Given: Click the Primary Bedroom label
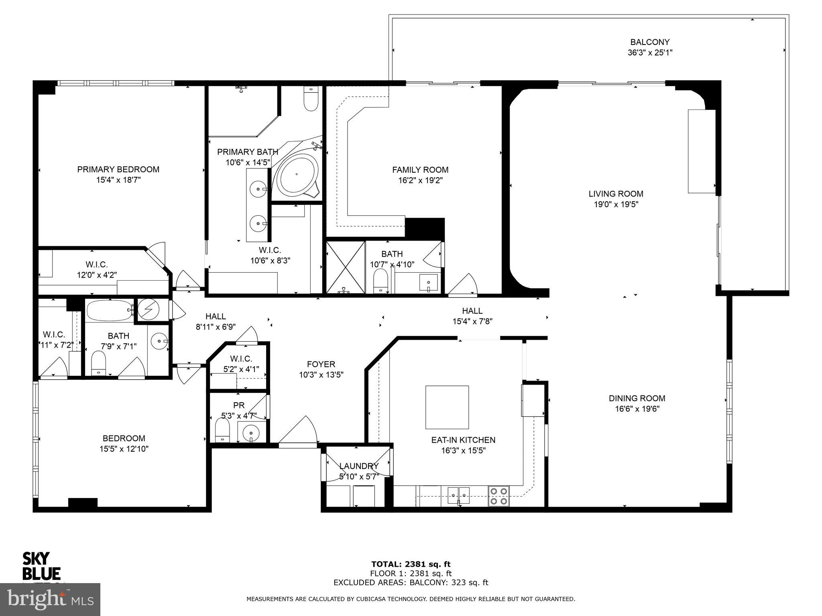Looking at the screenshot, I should (x=118, y=170).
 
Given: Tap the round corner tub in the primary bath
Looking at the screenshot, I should (x=297, y=175).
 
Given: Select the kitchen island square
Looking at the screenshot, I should (x=447, y=407).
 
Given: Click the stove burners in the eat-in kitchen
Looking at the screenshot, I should (x=498, y=496).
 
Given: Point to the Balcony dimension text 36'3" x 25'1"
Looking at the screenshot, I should (x=650, y=53).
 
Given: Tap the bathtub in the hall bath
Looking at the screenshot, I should (x=109, y=310).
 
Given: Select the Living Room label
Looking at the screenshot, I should (x=616, y=194).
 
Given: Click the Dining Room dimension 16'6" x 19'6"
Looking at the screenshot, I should (x=637, y=409).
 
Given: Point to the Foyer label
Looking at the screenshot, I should (x=321, y=364).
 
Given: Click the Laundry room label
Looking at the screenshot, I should (x=358, y=466).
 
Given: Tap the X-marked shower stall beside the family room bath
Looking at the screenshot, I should (x=345, y=267).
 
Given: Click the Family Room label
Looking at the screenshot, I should (x=420, y=170).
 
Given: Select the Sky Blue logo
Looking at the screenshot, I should (x=41, y=565).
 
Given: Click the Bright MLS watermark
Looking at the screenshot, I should (x=50, y=600).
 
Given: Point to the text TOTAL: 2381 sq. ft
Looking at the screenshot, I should (x=411, y=565).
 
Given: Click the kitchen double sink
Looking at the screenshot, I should (x=459, y=495).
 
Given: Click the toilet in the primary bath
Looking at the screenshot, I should (x=311, y=99).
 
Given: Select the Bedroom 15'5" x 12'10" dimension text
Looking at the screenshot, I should (x=124, y=449).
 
